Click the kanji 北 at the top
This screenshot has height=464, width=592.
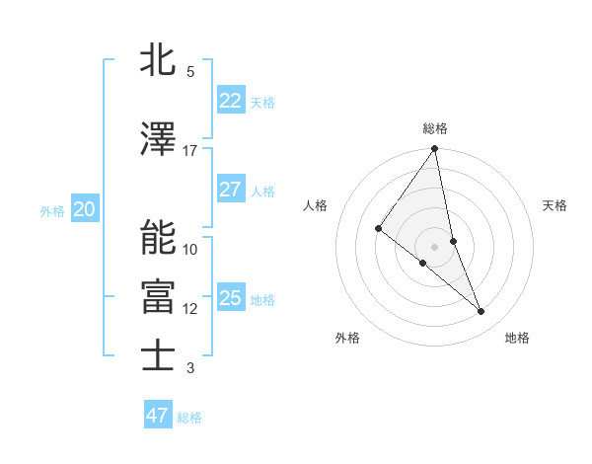click(x=159, y=58)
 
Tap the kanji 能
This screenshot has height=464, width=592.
click(x=159, y=237)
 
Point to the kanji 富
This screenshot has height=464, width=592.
click(x=159, y=296)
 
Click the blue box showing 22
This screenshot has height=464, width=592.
click(x=230, y=101)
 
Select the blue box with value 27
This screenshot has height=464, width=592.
click(x=230, y=190)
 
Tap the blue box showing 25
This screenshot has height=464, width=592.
click(x=230, y=298)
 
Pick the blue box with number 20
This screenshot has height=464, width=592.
click(x=84, y=208)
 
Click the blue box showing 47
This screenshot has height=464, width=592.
click(x=158, y=416)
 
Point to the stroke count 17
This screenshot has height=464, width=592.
click(x=190, y=150)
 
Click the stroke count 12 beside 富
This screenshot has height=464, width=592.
click(x=190, y=309)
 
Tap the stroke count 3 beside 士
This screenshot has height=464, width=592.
click(x=190, y=368)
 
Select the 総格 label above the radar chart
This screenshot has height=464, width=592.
click(x=435, y=128)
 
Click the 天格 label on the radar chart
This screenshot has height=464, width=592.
click(x=555, y=205)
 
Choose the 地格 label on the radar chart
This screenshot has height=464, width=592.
click(x=517, y=338)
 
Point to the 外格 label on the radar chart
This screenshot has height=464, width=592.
click(x=347, y=338)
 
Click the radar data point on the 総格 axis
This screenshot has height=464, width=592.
click(x=434, y=149)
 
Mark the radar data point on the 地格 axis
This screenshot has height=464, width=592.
click(x=481, y=312)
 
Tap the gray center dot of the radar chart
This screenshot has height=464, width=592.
click(x=434, y=246)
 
